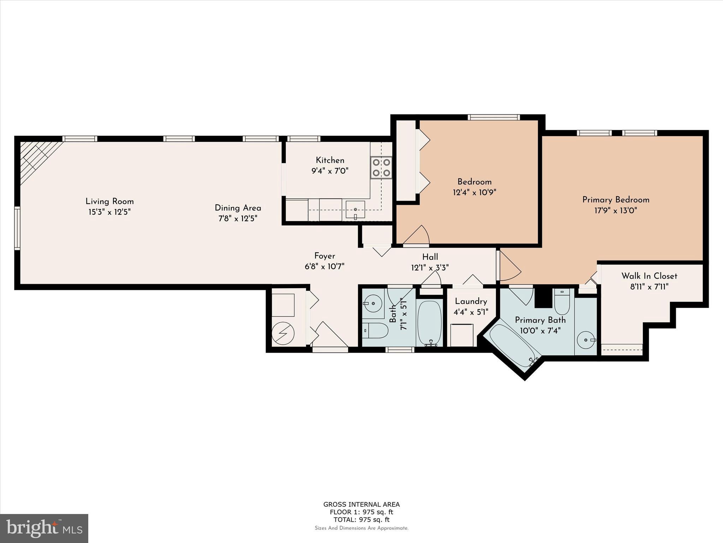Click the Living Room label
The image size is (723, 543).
point(109,202)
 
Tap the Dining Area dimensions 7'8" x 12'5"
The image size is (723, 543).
point(238,218)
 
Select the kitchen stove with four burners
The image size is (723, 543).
point(381,168)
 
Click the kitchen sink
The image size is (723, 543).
point(355,210)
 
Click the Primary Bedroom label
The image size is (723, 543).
point(616,200)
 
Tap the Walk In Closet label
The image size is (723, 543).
point(649,276)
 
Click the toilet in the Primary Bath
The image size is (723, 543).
point(562,302)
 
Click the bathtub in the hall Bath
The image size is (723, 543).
point(430,323)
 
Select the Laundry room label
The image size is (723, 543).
point(471,301)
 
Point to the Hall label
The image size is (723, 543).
point(430,257)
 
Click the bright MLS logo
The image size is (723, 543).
point(44,528)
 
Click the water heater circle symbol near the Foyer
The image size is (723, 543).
point(283,333)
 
